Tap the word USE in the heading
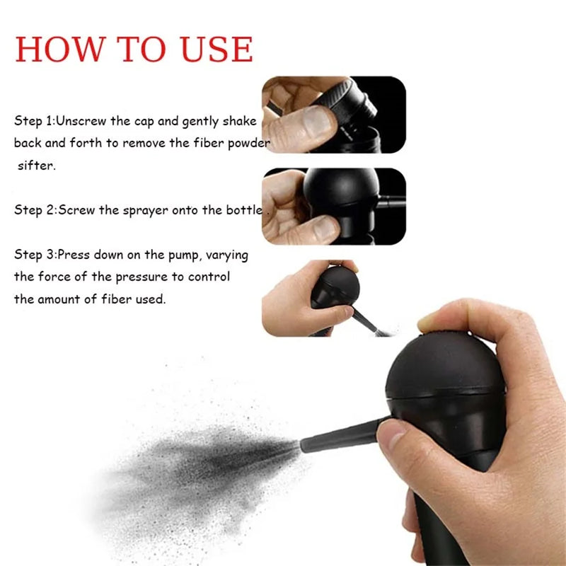pos(216,49)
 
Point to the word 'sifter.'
pos(37,166)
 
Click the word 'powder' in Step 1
pos(249,143)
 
